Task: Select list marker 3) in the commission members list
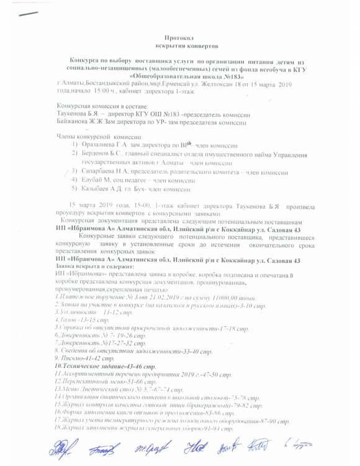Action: pyautogui.click(x=75, y=170)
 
